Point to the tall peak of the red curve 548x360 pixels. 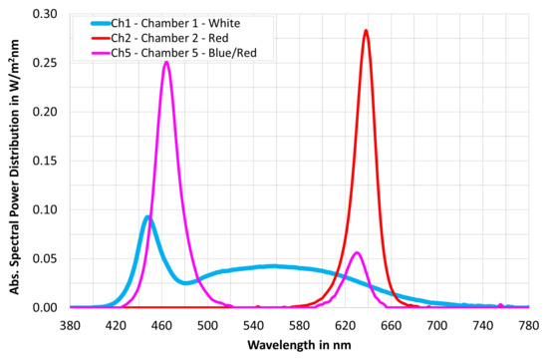point(366,31)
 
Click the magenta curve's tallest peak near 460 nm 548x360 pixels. point(166,63)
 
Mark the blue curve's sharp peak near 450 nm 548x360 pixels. point(147,217)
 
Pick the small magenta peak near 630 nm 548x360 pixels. point(357,252)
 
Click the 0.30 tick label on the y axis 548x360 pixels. point(45,15)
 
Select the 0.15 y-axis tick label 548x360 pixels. point(45,162)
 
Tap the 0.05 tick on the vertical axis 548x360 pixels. point(45,259)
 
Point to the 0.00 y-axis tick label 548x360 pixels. point(45,307)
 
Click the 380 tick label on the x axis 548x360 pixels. point(70,324)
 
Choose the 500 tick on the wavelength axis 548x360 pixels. point(207,324)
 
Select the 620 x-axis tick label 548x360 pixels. point(345,324)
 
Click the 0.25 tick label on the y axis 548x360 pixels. point(45,64)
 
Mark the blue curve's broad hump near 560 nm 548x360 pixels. point(276,266)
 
